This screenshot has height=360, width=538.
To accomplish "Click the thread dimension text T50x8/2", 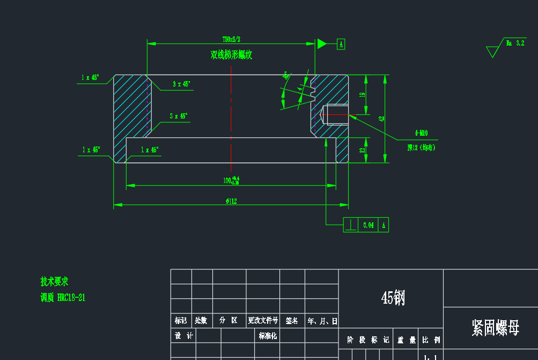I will pos(231,39).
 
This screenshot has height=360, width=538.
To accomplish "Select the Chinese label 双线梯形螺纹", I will pos(231,55).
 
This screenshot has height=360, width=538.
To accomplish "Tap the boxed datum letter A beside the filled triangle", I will pos(341,44).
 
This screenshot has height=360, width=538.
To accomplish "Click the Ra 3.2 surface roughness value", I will pos(515,43).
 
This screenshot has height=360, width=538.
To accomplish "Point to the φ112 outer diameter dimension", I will pos(231,201).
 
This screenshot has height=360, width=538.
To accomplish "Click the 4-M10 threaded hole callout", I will pos(421,133).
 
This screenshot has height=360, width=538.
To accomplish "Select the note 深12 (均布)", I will pos(421,147).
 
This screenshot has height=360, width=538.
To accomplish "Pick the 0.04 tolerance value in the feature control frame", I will pos(368,225).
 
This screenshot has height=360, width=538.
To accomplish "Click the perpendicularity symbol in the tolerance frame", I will pos(350,225).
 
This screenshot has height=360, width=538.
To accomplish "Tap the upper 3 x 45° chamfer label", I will pos(181,84).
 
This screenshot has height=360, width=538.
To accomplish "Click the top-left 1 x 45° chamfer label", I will pos(90,78).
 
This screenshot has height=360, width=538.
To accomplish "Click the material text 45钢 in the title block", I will pos(393,298).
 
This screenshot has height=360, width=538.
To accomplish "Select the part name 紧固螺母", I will pos(495,328).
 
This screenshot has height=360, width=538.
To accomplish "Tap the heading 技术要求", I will pos(54,282).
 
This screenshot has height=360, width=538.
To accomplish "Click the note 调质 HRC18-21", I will pos(63,298).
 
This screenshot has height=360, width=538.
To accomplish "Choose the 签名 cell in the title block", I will pos(292,321).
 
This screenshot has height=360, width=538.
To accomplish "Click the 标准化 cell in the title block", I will pos(268,336).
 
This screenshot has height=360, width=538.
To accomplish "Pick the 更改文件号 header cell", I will pos(263,321).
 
